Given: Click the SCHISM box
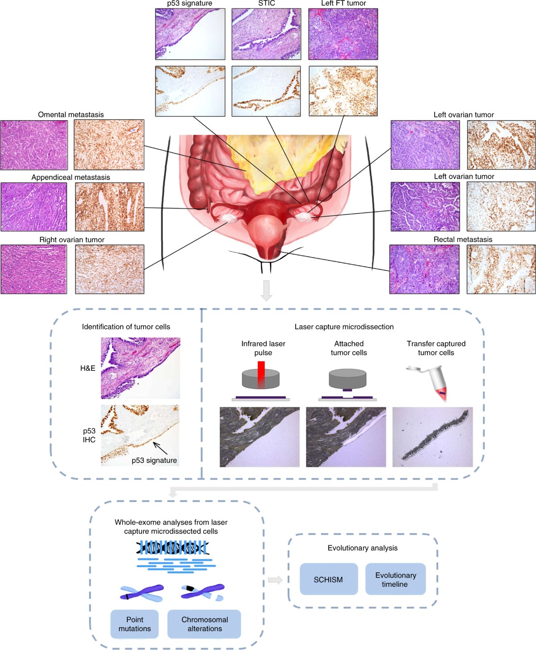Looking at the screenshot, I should coord(328,579).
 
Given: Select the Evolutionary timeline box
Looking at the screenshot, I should coord(395,579).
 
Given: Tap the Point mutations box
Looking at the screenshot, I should coord(134,624).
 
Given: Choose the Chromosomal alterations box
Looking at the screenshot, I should coord(204,624).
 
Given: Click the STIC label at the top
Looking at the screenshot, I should coord(266,4).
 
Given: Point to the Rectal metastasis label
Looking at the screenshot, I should coord(463,239).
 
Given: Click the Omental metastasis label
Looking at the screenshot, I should coord(71,115).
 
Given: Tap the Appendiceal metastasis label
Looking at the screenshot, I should coord(71,177).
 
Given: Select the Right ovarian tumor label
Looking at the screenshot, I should coord(71,240).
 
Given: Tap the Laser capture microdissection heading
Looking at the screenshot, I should coord(344,327).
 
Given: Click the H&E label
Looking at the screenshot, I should coord(88,368).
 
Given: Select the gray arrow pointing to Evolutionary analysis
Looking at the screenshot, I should coord(275,580).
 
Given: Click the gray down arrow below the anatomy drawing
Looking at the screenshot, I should coord(266,290).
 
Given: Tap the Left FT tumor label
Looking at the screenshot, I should coord(343,4).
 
